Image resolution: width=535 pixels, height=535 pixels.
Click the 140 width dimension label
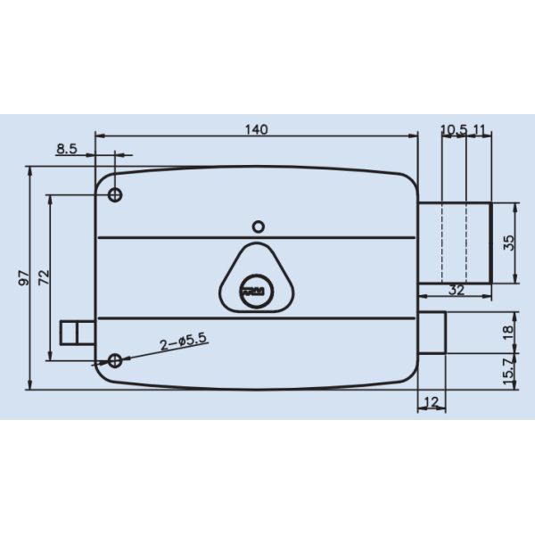256,129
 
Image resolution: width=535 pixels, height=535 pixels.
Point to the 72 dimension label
42,277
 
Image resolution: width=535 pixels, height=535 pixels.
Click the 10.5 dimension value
454,129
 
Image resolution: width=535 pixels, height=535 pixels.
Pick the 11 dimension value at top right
479,129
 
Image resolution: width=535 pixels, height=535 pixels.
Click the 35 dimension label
508,243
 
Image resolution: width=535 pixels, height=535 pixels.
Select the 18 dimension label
508,331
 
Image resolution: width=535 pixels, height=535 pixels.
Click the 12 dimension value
432,402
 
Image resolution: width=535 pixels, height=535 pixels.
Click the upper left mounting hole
115,194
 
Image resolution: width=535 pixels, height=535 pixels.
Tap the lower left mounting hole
114,360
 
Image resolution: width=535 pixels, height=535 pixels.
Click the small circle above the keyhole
257,225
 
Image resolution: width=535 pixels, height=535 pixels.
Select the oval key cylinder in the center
255,289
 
